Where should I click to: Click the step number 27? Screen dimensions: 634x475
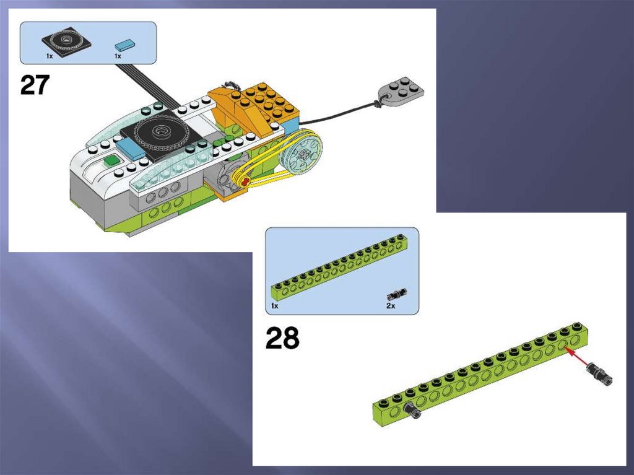click(35, 85)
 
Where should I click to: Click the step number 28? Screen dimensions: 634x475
click(282, 338)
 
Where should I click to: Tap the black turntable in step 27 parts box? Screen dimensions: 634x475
click(66, 41)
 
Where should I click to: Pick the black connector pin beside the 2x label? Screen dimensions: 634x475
click(397, 294)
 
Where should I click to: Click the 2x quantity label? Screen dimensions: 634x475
click(391, 306)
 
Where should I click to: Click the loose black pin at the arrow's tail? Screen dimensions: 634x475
click(601, 373)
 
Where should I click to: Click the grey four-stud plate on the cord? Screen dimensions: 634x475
click(401, 90)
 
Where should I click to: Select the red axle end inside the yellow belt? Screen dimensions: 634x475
click(245, 181)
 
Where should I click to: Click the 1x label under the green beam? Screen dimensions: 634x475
click(274, 306)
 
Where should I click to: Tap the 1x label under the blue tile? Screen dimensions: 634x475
click(118, 56)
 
